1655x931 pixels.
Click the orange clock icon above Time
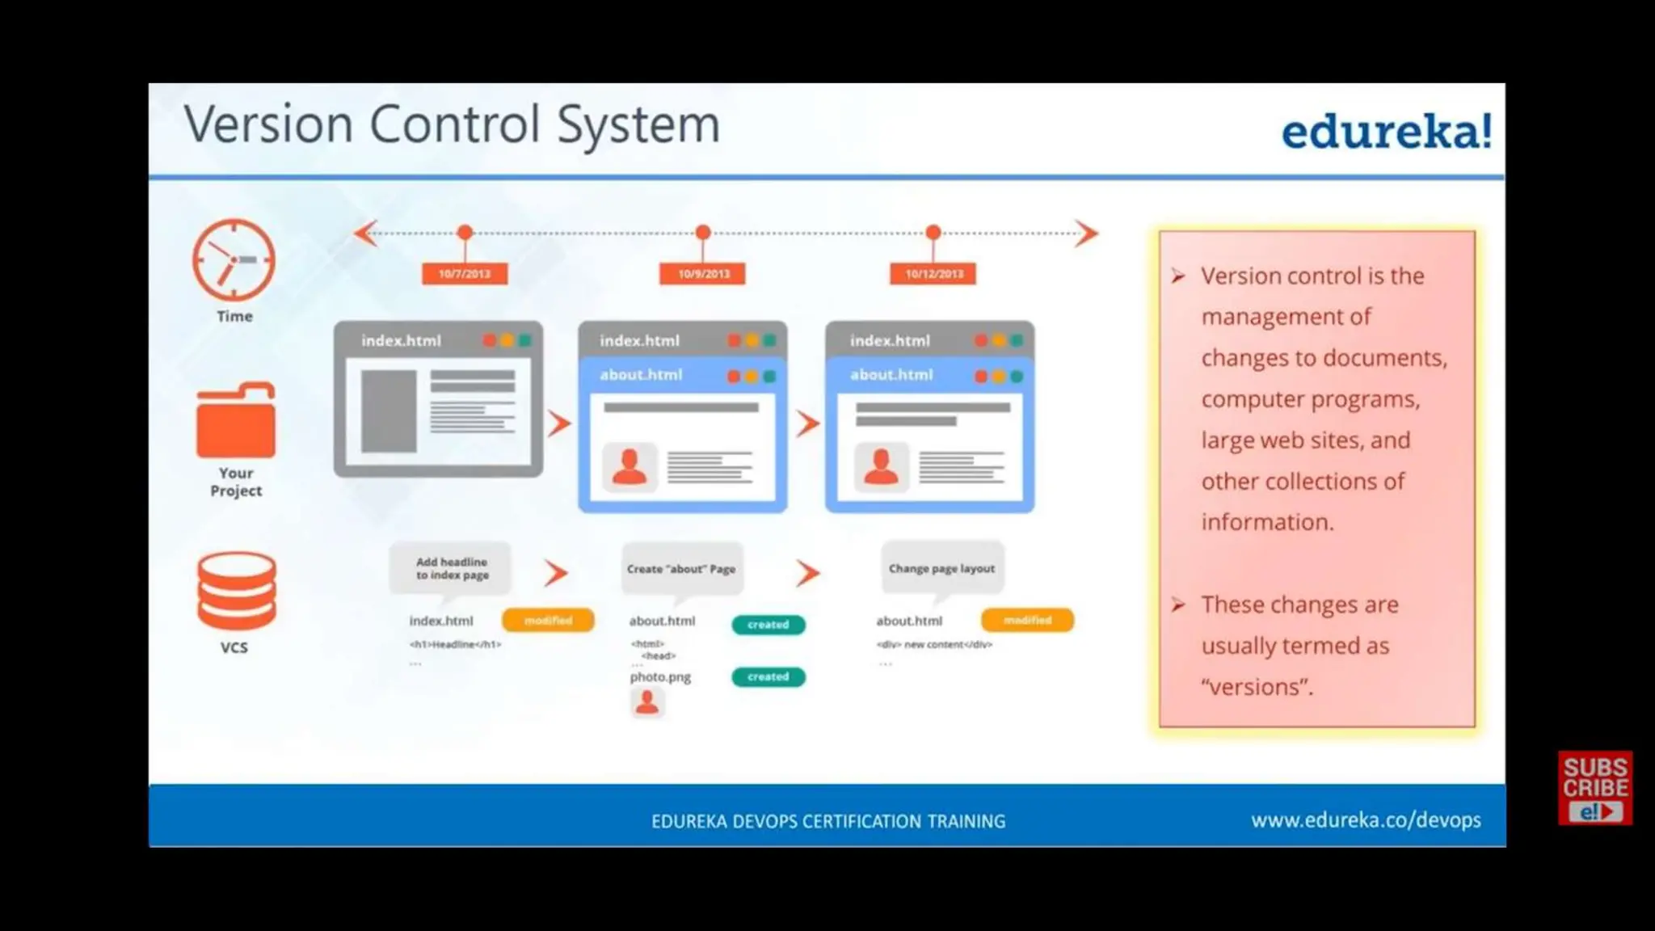[234, 260]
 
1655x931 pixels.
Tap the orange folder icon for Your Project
[235, 421]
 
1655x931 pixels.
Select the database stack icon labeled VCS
[236, 591]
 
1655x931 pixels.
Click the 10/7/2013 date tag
[465, 274]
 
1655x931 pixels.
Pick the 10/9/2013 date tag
[703, 274]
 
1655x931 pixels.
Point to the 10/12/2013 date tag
[933, 274]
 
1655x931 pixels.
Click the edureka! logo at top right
[1386, 132]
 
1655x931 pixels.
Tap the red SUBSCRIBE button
[1594, 788]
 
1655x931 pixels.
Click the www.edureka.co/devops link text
[1366, 820]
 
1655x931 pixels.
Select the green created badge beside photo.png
[768, 676]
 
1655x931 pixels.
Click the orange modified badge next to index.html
[548, 621]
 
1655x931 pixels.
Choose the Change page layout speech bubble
[941, 569]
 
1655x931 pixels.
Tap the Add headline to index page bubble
[451, 568]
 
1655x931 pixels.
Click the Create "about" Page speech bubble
[681, 569]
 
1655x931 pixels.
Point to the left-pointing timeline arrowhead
[365, 234]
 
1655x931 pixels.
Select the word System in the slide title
[638, 125]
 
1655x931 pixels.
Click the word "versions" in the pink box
[1256, 687]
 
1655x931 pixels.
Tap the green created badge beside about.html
[768, 625]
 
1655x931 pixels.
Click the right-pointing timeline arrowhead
[1087, 234]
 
